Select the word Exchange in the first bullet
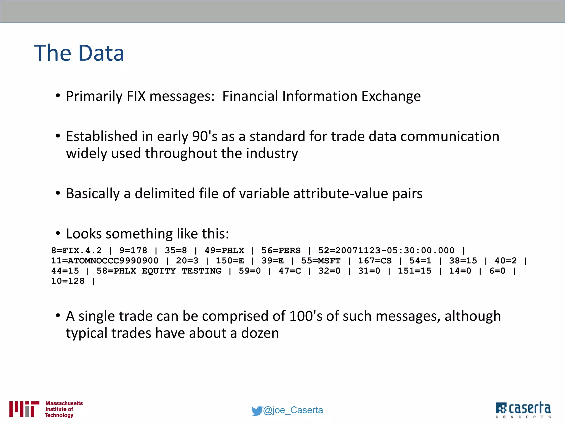pyautogui.click(x=391, y=96)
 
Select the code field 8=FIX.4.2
pyautogui.click(x=76, y=250)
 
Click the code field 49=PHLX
pyautogui.click(x=224, y=250)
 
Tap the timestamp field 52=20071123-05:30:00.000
pyautogui.click(x=386, y=250)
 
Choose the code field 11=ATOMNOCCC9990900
pyautogui.click(x=105, y=261)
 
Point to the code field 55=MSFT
pyautogui.click(x=321, y=261)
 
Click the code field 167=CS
pyautogui.click(x=375, y=261)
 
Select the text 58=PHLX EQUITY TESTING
pyautogui.click(x=159, y=271)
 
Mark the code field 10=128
pyautogui.click(x=68, y=281)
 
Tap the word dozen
pyautogui.click(x=260, y=333)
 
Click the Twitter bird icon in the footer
pyautogui.click(x=257, y=410)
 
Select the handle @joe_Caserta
pyautogui.click(x=293, y=410)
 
